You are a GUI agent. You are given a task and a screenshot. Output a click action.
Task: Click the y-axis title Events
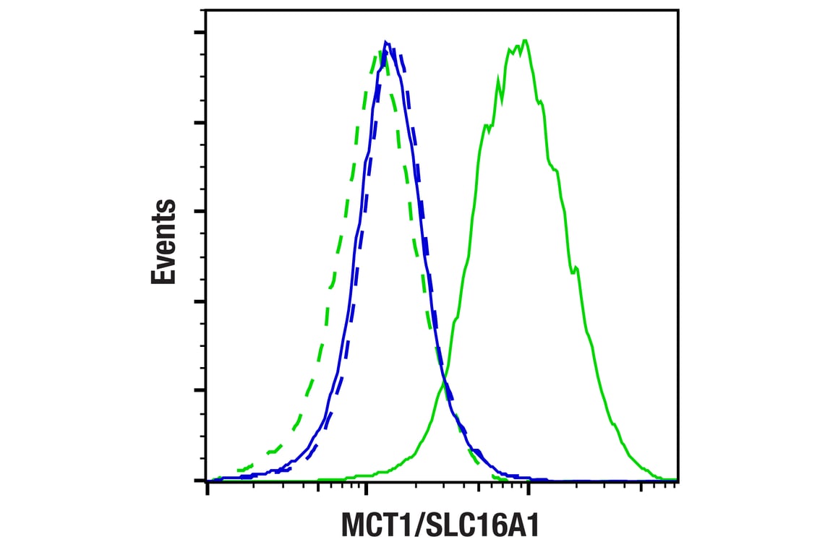[164, 241]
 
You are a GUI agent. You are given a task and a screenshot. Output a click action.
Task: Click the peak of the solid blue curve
[386, 42]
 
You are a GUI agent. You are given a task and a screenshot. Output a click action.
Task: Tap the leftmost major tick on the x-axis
[208, 490]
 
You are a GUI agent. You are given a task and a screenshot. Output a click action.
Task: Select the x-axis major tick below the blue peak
[367, 490]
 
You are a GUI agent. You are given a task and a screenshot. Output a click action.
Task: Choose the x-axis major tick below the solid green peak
[529, 490]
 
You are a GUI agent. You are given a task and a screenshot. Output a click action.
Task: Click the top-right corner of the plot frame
[678, 10]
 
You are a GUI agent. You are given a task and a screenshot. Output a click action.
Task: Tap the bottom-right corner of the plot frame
[678, 481]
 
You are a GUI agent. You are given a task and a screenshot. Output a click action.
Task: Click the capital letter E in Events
[164, 275]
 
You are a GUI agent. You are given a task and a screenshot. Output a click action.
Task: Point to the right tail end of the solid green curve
[672, 479]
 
